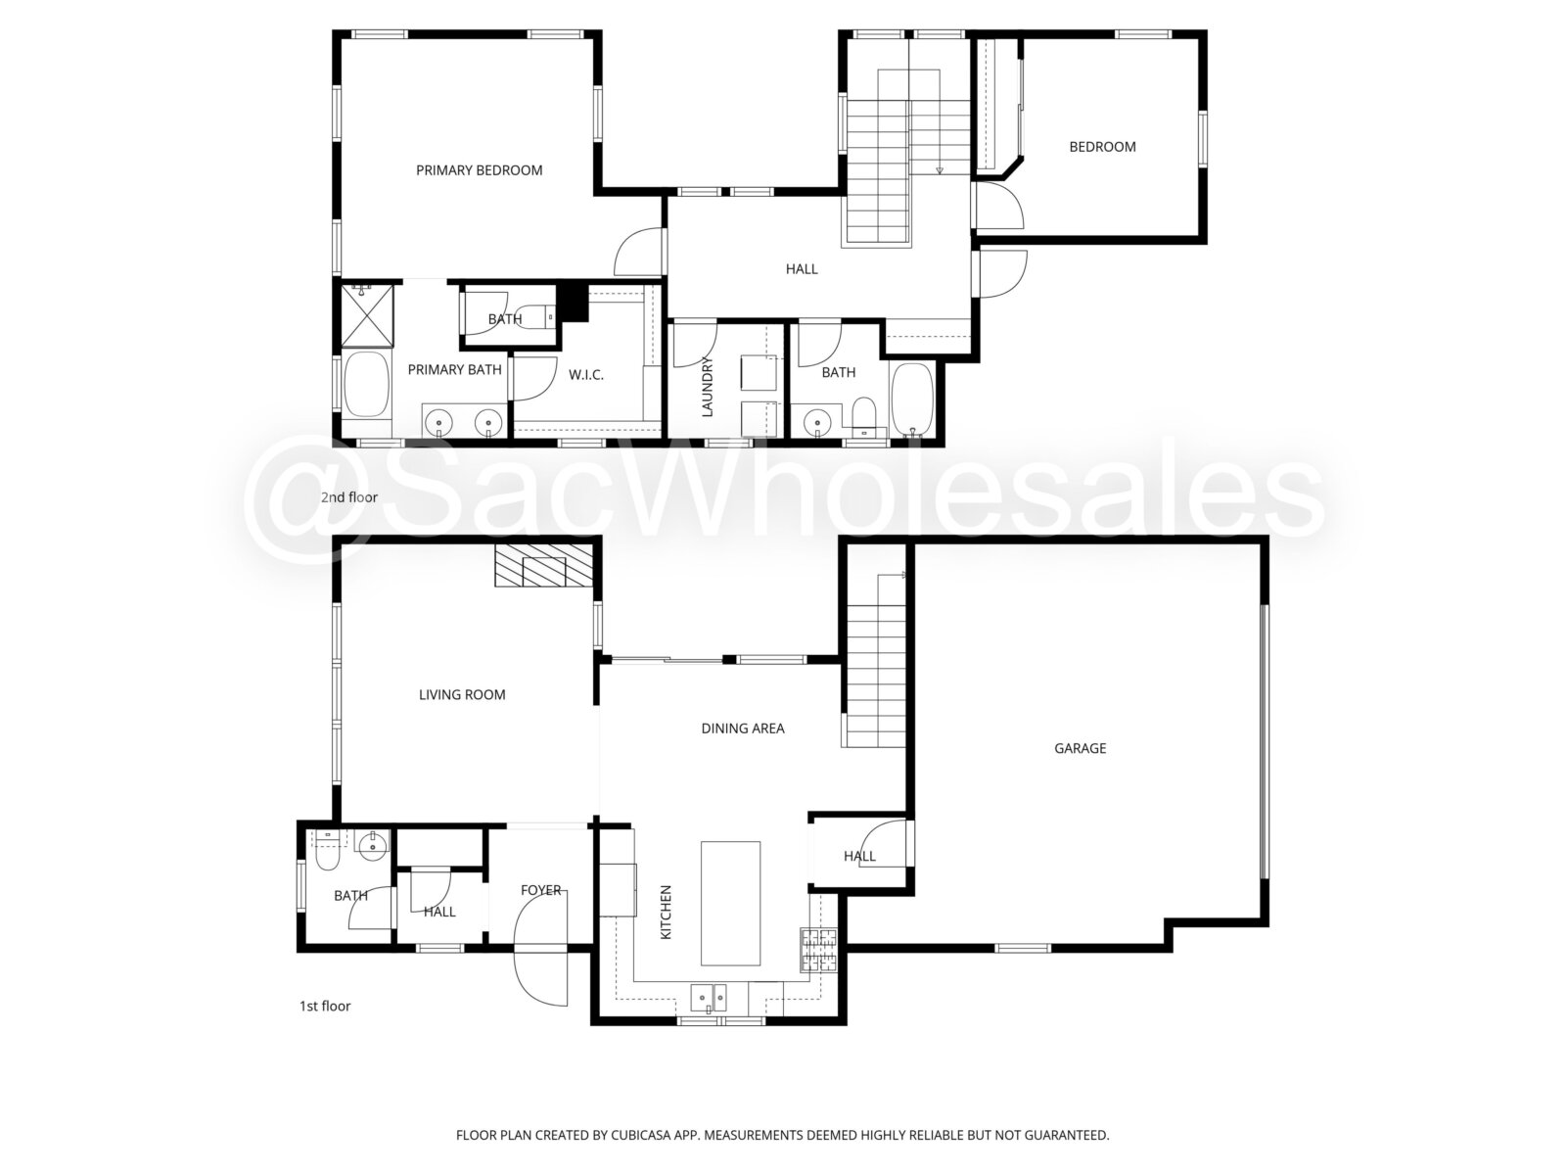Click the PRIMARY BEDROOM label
479,170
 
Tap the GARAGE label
1080,748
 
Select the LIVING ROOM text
462,695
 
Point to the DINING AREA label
743,728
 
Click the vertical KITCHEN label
667,912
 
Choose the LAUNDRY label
707,386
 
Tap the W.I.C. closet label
585,375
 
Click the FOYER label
541,890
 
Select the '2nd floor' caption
348,497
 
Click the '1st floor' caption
325,1006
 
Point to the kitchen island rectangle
730,903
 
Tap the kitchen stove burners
818,950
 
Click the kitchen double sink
709,997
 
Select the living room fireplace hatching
543,567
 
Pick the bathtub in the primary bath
367,383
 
